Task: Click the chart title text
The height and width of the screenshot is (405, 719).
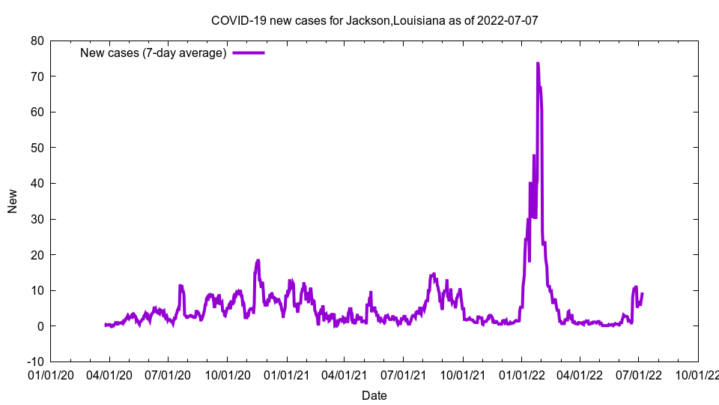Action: click(x=374, y=20)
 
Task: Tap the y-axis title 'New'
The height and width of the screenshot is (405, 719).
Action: click(x=13, y=201)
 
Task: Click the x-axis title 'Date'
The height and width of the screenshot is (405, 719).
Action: click(x=374, y=395)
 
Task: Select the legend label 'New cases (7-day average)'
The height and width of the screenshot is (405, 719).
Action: click(x=154, y=52)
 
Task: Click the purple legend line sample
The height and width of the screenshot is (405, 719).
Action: click(x=249, y=52)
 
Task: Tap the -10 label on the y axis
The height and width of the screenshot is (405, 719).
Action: click(x=34, y=361)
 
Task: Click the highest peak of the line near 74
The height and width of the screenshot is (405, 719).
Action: click(x=538, y=64)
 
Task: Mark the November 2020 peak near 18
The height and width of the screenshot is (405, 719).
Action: click(x=258, y=260)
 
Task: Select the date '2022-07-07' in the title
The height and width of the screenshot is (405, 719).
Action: click(x=508, y=20)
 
